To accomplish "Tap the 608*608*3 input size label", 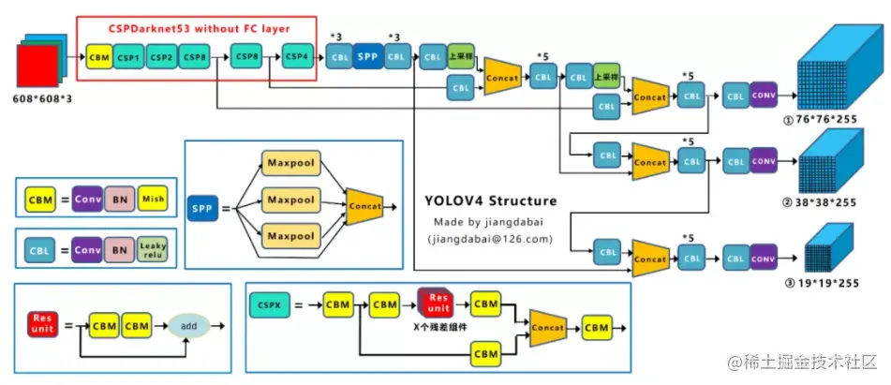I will [42, 98].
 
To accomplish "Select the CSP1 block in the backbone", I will [128, 58].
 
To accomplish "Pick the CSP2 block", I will [161, 58].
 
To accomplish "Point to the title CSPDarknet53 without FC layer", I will [198, 30].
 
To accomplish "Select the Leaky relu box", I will [153, 249].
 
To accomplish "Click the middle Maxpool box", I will [290, 200].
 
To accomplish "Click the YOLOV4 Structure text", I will [491, 200].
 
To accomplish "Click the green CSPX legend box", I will [265, 304].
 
